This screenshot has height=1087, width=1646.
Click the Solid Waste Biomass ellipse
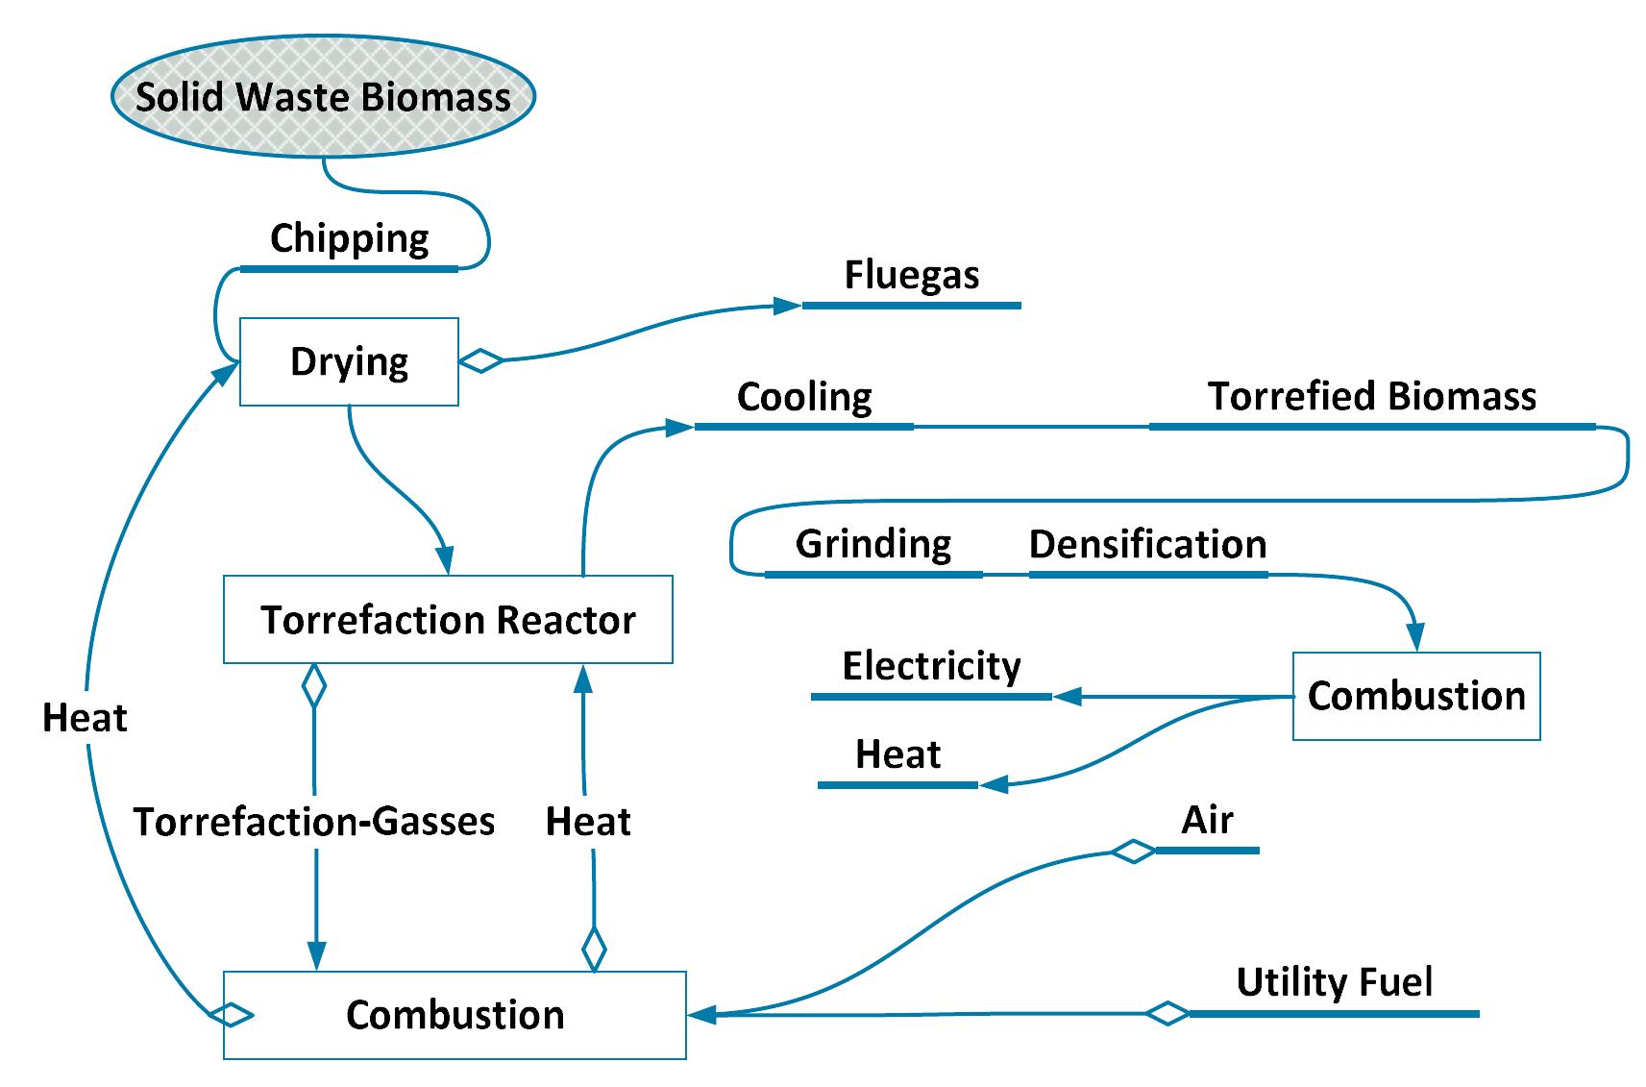pyautogui.click(x=323, y=97)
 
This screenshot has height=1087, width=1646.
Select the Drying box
pyautogui.click(x=349, y=362)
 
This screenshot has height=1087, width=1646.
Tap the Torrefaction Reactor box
pyautogui.click(x=448, y=620)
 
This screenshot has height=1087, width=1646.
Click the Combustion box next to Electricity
pyautogui.click(x=1415, y=697)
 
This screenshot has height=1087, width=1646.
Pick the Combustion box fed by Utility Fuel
pyautogui.click(x=454, y=1016)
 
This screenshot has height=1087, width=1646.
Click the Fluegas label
pyautogui.click(x=911, y=276)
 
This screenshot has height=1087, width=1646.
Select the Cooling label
pyautogui.click(x=803, y=397)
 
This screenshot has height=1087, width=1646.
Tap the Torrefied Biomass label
pyautogui.click(x=1371, y=397)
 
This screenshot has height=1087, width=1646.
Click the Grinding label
pyautogui.click(x=872, y=545)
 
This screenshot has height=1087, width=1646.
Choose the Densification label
pyautogui.click(x=1147, y=545)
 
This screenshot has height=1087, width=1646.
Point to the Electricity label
pyautogui.click(x=930, y=666)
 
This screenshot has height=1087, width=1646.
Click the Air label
pyautogui.click(x=1207, y=821)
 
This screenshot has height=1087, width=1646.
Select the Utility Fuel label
pyautogui.click(x=1334, y=982)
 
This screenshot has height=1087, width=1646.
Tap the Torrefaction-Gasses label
pyautogui.click(x=313, y=822)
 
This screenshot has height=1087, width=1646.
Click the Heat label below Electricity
pyautogui.click(x=897, y=754)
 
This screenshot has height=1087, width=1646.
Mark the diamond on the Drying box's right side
pyautogui.click(x=481, y=361)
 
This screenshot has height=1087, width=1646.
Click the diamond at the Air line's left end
pyautogui.click(x=1133, y=852)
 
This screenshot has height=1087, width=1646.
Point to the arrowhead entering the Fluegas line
pyautogui.click(x=787, y=306)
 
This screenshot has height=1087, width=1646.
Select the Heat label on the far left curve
pyautogui.click(x=85, y=718)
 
